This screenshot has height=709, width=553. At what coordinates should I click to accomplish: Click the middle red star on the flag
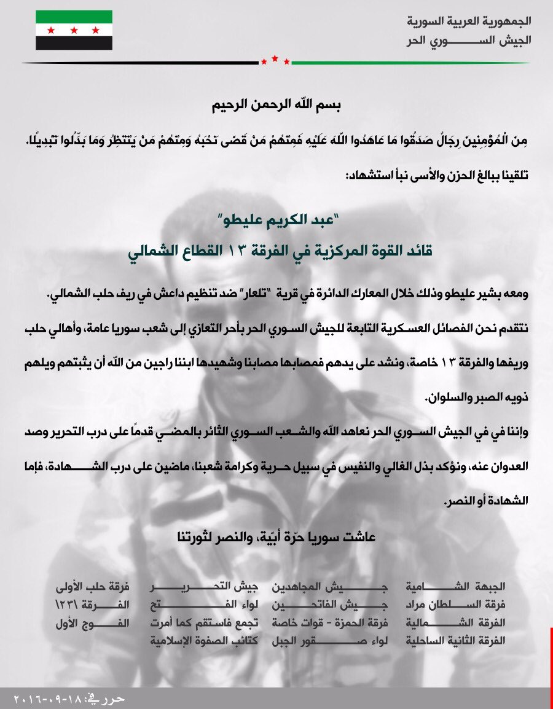tap(74, 29)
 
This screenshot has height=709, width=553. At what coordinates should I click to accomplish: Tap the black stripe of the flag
tap(74, 42)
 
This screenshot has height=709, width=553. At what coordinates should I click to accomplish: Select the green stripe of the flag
tap(74, 17)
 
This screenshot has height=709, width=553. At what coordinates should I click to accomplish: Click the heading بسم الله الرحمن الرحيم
tap(276, 104)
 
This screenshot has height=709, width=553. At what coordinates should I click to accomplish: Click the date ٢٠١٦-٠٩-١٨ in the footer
tap(45, 699)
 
